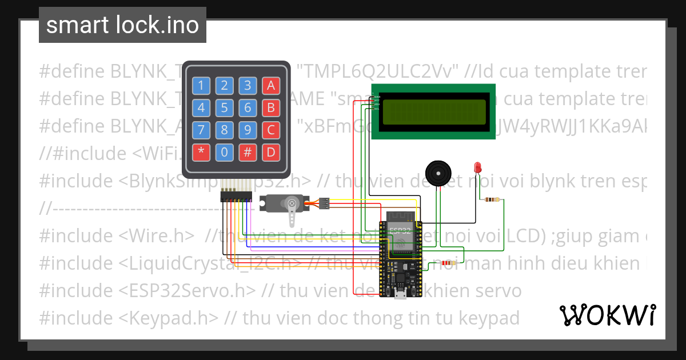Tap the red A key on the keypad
click(270, 86)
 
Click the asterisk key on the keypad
click(201, 153)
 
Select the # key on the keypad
click(248, 153)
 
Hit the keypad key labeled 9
click(248, 130)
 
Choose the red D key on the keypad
click(270, 153)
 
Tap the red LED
click(477, 167)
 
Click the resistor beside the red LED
click(492, 200)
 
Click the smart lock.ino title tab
click(122, 25)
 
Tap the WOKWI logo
click(607, 315)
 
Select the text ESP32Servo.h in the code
click(188, 290)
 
